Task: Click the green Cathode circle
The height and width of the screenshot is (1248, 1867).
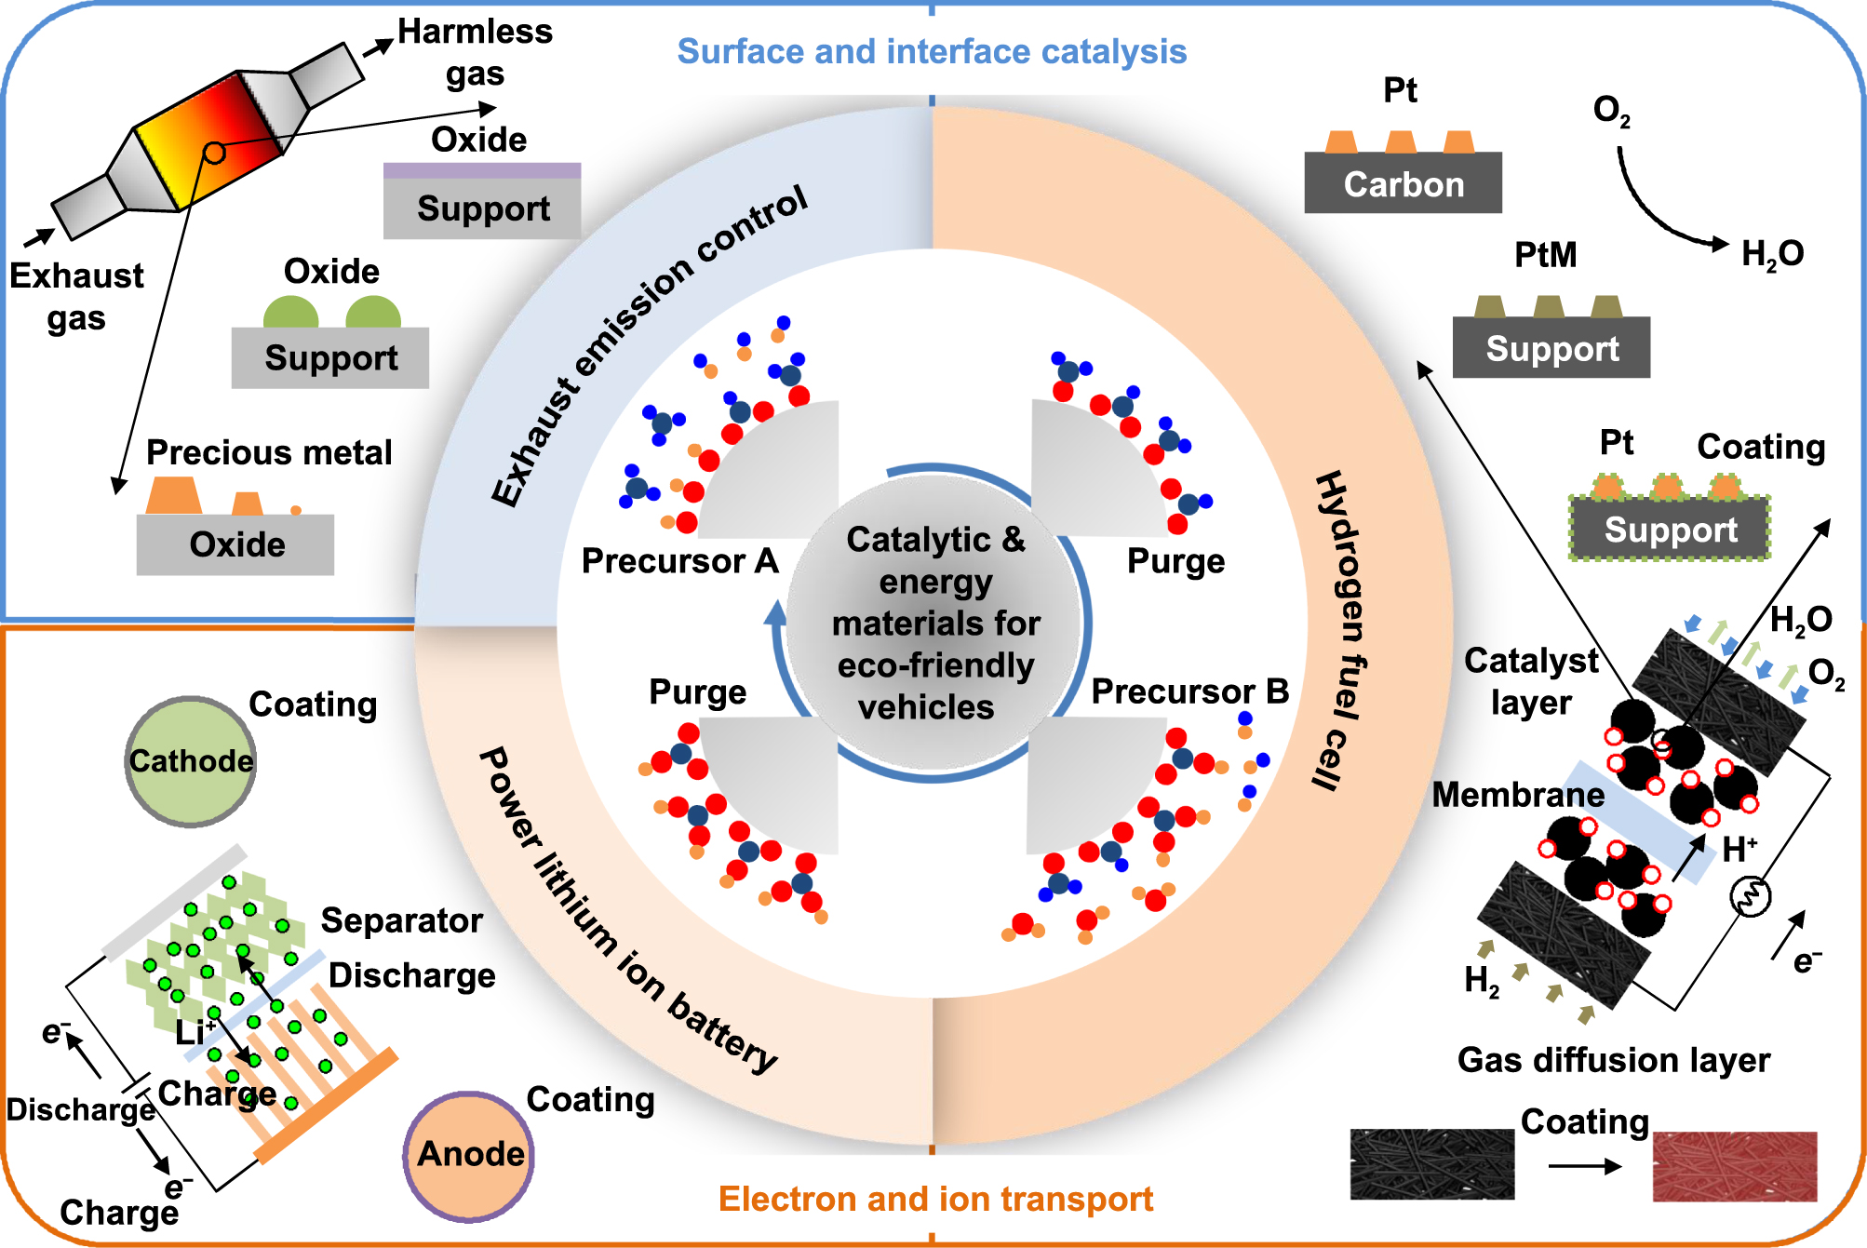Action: click(x=190, y=761)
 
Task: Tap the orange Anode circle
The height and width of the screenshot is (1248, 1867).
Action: click(x=469, y=1154)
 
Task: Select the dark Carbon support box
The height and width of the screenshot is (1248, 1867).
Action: click(x=1403, y=184)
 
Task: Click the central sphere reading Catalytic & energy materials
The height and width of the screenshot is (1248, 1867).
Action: click(x=934, y=623)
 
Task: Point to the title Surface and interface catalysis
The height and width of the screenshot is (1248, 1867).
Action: click(x=932, y=51)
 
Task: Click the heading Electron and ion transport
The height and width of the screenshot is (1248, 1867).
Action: click(x=935, y=1199)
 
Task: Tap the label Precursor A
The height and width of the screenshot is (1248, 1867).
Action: click(x=679, y=561)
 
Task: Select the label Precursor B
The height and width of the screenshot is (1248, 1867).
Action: click(x=1189, y=691)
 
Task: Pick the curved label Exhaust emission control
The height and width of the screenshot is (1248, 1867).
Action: click(x=648, y=344)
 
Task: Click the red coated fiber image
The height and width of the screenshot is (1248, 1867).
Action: click(x=1734, y=1166)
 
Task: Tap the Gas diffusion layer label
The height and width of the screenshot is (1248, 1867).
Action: click(x=1613, y=1060)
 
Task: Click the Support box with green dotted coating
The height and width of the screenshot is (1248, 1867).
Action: click(x=1670, y=529)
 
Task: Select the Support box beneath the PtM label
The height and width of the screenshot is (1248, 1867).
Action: click(x=1551, y=348)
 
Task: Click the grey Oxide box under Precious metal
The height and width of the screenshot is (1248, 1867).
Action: click(x=235, y=544)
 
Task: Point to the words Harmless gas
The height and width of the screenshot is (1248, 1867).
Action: click(x=475, y=52)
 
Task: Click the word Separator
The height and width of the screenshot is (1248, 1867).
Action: click(x=401, y=920)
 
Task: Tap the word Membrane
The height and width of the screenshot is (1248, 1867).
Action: click(x=1518, y=795)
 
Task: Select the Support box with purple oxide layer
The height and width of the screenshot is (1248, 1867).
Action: click(x=482, y=208)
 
